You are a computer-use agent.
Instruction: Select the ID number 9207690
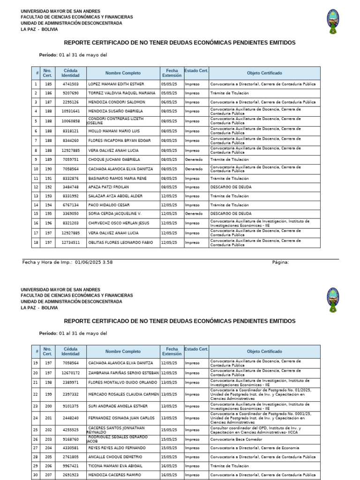pyautogui.click(x=71, y=93)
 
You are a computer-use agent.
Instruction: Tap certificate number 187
pyautogui.click(x=48, y=102)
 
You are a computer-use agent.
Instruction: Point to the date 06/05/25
pyautogui.click(x=169, y=102)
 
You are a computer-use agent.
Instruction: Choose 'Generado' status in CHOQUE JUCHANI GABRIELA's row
pyautogui.click(x=194, y=159)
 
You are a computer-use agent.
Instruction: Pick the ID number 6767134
pyautogui.click(x=71, y=205)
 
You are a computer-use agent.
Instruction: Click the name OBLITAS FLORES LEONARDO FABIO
pyautogui.click(x=120, y=242)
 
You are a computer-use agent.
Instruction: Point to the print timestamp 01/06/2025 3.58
pyautogui.click(x=93, y=262)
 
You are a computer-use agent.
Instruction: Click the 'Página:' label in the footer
pyautogui.click(x=280, y=262)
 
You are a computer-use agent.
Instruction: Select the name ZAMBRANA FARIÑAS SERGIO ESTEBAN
pyautogui.click(x=123, y=373)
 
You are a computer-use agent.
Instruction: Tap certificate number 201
pyautogui.click(x=48, y=418)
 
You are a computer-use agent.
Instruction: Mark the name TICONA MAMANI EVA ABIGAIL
pyautogui.click(x=115, y=466)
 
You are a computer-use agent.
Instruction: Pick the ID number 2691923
pyautogui.click(x=71, y=475)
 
